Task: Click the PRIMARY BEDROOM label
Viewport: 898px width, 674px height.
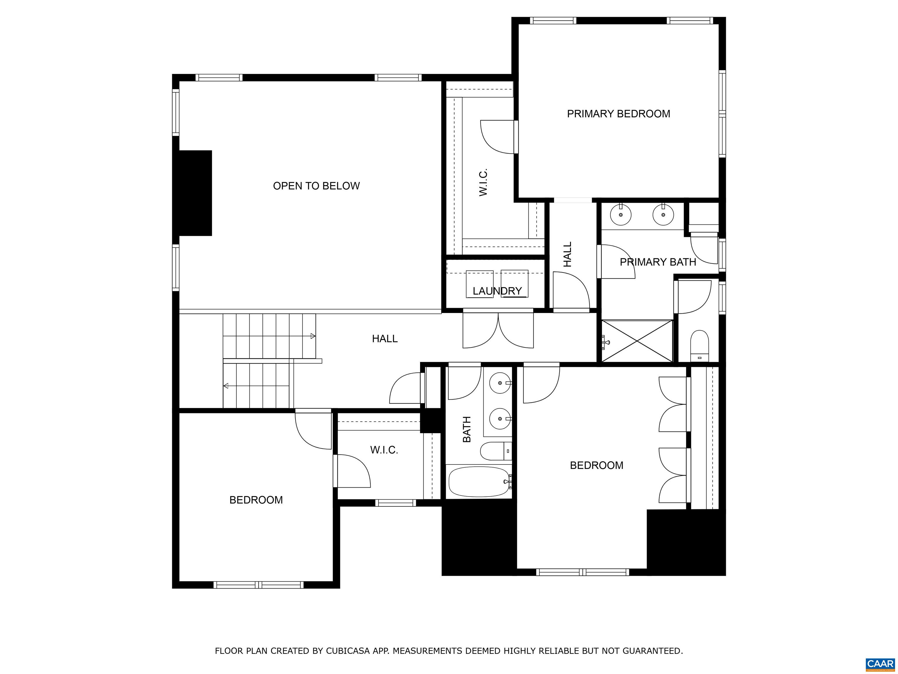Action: click(618, 114)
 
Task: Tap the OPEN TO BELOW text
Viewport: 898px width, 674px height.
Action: click(316, 186)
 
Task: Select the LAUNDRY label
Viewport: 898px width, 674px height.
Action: click(497, 291)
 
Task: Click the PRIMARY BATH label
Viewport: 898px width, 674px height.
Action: click(658, 262)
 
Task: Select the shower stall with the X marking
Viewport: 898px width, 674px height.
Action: click(637, 341)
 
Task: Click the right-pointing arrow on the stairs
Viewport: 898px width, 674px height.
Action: click(312, 336)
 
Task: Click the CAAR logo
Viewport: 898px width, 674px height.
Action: click(880, 664)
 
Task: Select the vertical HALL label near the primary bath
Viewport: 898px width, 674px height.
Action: click(568, 254)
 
